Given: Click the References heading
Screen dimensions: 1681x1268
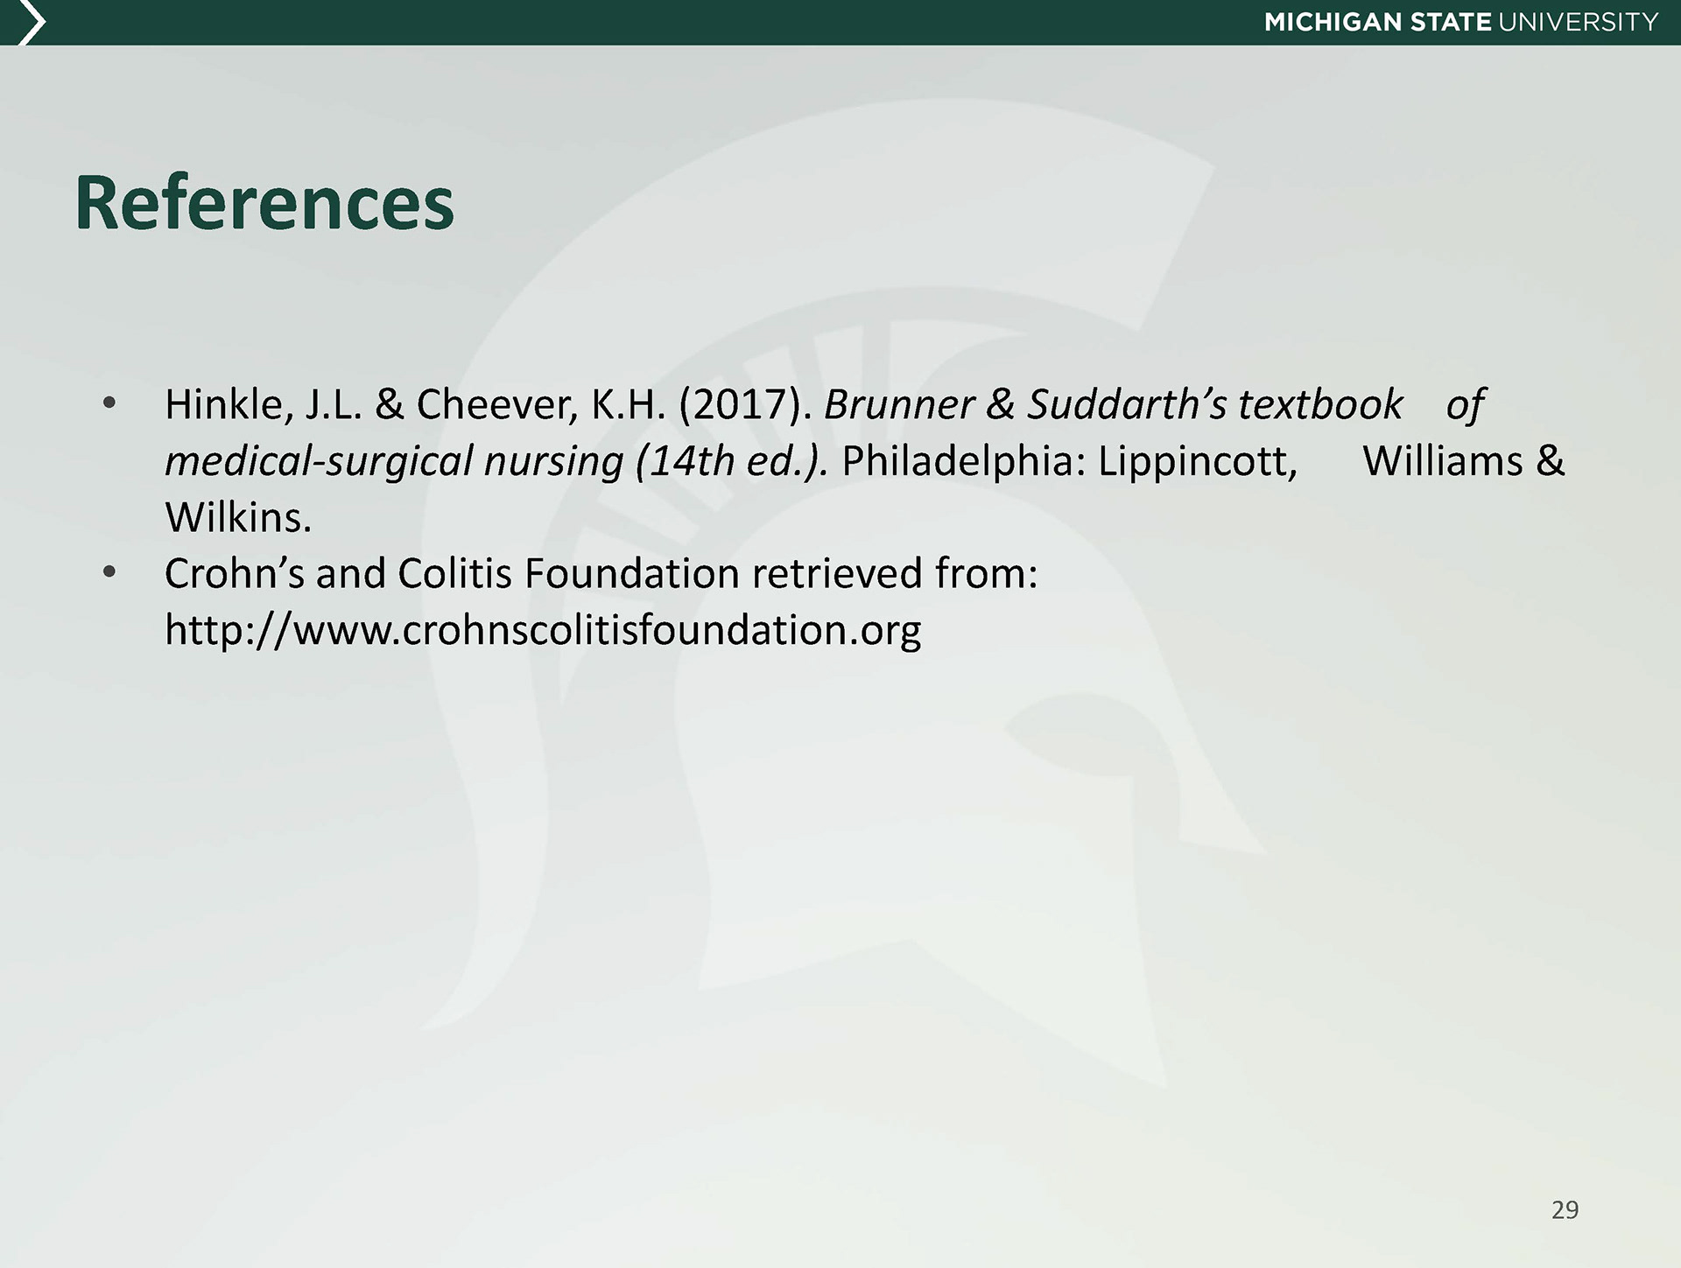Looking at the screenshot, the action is point(264,203).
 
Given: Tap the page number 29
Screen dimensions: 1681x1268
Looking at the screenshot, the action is point(1565,1209).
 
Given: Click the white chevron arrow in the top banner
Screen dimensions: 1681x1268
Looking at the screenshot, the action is point(32,23).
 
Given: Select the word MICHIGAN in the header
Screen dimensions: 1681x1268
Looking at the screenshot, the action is point(1333,22).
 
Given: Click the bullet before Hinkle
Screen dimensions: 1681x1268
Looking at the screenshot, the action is point(109,404).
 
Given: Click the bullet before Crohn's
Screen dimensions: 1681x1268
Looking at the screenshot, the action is point(109,573).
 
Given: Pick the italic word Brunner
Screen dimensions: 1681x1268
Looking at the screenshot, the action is point(899,405).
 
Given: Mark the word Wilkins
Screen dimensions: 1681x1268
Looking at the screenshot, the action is point(238,518).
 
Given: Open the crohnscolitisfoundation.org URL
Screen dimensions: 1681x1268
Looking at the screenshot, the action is point(543,630).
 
